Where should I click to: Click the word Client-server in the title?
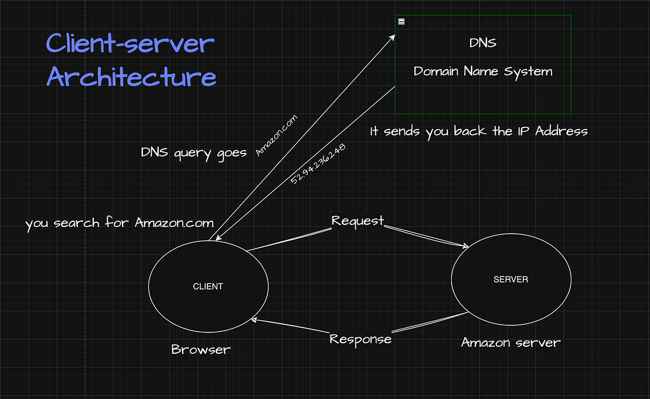point(130,44)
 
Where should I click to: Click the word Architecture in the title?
point(131,76)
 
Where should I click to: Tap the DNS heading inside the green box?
point(483,43)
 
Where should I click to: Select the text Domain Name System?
point(483,71)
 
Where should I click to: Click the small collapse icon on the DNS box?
point(401,22)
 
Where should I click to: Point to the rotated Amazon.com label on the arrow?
point(276,136)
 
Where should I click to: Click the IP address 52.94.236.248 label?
point(318,164)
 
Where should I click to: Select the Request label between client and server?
point(357,221)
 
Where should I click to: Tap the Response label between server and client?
point(360,339)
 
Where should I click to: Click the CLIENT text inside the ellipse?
point(208,286)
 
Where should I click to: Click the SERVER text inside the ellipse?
point(511,280)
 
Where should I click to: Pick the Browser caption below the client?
point(201,350)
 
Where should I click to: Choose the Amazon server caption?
point(510,343)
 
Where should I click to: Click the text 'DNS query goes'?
point(194,153)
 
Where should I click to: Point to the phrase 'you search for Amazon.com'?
point(119,223)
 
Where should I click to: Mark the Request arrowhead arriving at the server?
point(465,247)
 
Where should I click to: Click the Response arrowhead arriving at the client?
point(255,320)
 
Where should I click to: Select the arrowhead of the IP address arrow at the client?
point(212,239)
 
